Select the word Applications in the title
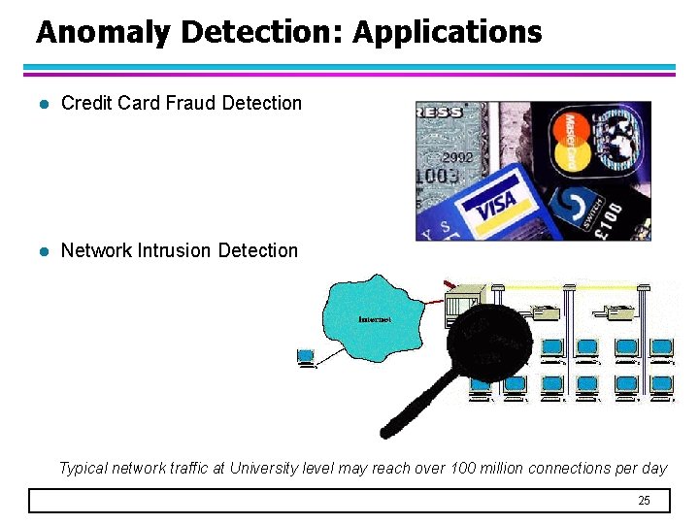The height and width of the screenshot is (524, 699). [x=447, y=33]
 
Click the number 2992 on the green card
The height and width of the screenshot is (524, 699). [x=458, y=156]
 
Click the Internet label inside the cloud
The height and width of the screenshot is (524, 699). [x=375, y=319]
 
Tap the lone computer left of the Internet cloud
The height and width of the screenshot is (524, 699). [x=306, y=358]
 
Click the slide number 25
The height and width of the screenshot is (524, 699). [x=644, y=501]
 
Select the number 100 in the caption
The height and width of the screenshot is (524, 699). [x=463, y=469]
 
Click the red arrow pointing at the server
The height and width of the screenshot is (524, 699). [x=449, y=284]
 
